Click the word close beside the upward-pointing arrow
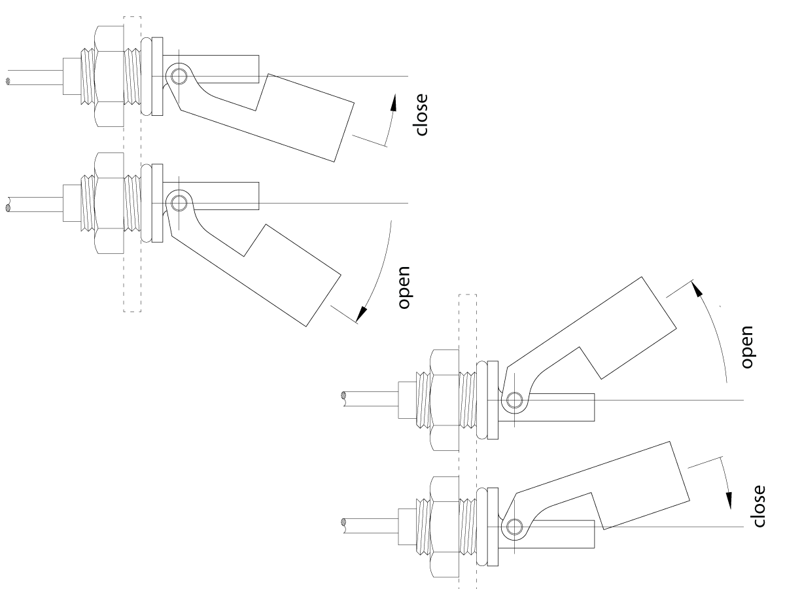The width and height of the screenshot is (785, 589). click(421, 114)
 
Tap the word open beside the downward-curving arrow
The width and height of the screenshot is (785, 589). click(404, 287)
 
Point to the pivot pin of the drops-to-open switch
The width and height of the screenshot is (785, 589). click(175, 204)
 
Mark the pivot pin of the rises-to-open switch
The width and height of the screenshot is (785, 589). click(514, 399)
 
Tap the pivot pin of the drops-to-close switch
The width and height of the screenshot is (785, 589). click(514, 526)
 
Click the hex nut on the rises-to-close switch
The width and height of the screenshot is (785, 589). click(109, 77)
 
